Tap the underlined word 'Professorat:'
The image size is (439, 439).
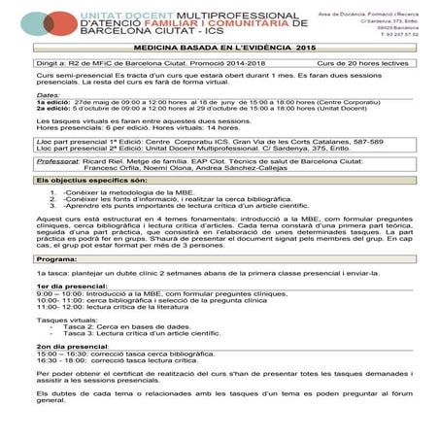click(57, 186)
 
